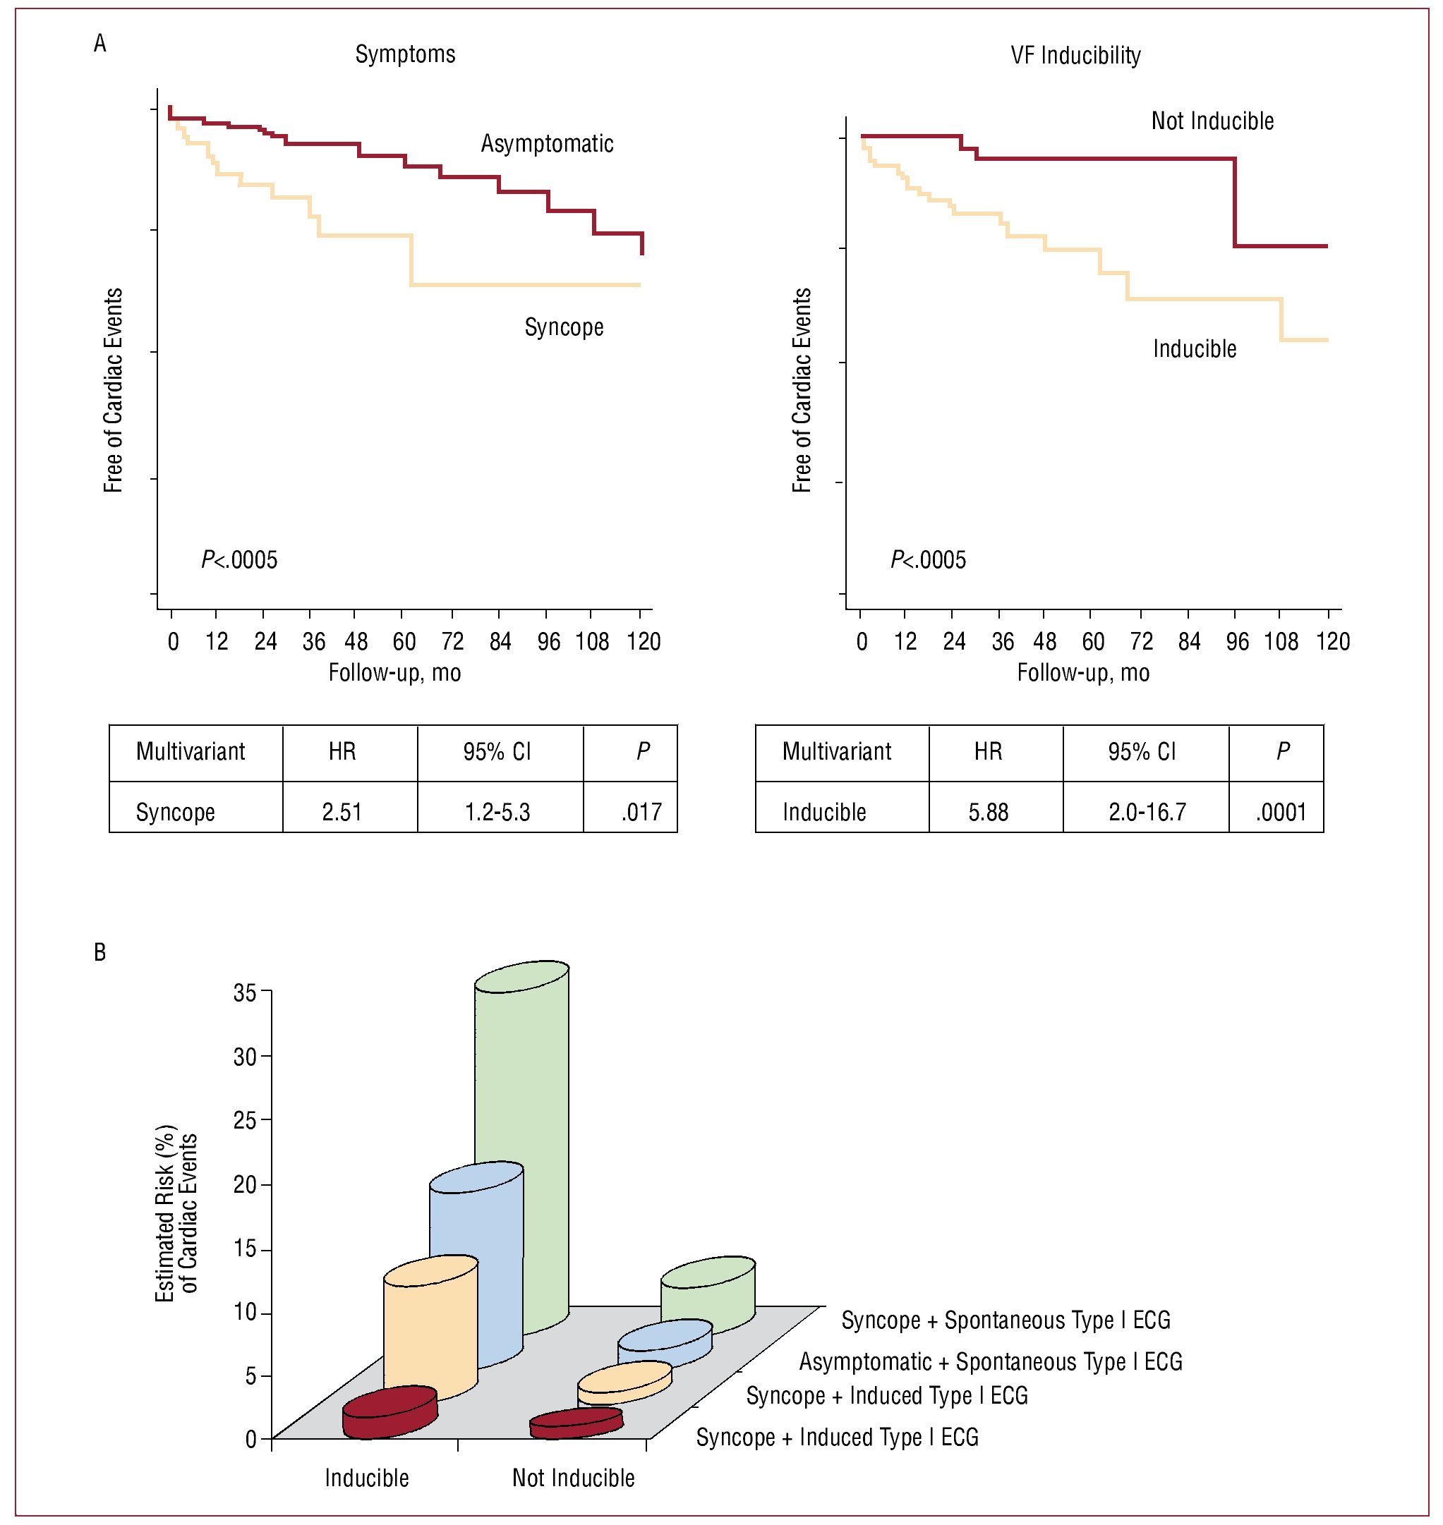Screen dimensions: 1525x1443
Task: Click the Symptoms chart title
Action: point(404,54)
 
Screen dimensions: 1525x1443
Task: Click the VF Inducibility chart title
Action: point(1075,55)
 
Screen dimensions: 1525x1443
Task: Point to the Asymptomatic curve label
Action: point(547,144)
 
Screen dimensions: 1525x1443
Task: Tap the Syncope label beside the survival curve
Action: point(564,327)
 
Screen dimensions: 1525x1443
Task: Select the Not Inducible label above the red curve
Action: point(1212,121)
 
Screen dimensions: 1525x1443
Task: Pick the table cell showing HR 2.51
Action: point(342,812)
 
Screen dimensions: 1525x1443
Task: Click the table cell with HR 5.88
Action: point(988,812)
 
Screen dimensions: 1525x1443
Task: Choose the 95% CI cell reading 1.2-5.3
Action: point(497,812)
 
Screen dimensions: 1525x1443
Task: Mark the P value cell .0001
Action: point(1281,812)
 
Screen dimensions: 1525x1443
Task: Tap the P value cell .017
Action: point(641,812)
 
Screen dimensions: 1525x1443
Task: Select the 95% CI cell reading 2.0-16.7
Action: point(1147,812)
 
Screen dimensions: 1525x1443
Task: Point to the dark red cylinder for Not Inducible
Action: point(575,1423)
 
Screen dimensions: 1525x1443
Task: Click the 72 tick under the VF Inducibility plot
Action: point(1142,641)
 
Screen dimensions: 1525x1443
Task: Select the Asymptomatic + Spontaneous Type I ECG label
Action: point(991,1362)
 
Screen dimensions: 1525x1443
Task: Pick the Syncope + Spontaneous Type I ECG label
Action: point(1006,1320)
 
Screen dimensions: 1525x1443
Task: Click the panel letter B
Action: point(100,953)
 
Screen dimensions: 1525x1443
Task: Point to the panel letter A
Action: point(100,44)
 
